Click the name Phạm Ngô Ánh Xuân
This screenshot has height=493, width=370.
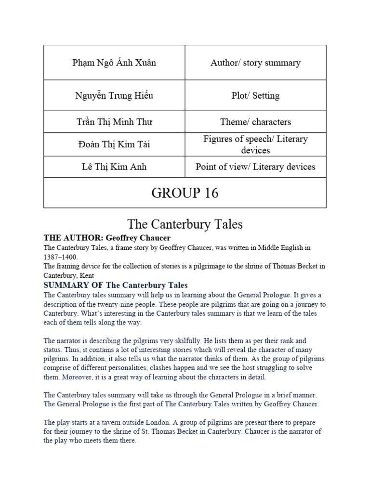click(115, 63)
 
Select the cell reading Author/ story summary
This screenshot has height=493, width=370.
click(255, 63)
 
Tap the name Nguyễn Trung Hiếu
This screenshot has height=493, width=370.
click(114, 95)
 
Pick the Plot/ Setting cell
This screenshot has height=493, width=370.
click(255, 95)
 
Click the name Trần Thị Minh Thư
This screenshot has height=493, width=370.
click(114, 122)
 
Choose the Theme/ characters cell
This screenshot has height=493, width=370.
click(255, 122)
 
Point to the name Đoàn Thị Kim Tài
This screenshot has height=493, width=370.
click(114, 144)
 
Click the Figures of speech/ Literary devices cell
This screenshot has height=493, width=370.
click(255, 144)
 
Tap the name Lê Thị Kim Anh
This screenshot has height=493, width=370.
click(114, 167)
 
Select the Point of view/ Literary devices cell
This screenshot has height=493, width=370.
click(255, 167)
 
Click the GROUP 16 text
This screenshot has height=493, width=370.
click(185, 193)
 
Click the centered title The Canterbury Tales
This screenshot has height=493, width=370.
click(185, 224)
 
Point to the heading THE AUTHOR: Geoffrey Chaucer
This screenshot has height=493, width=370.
click(107, 238)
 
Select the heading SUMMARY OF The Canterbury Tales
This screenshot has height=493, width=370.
click(115, 285)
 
